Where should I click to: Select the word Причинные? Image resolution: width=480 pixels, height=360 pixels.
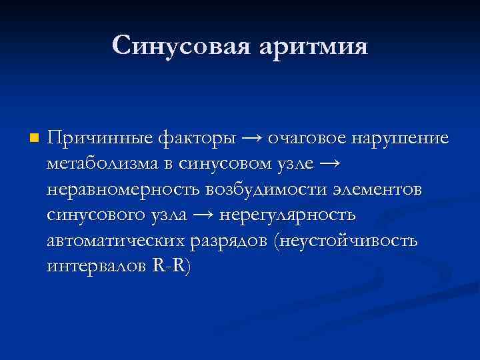click(99, 139)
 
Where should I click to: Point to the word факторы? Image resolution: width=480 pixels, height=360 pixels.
click(197, 139)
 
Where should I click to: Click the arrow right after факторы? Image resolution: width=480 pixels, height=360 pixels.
click(251, 139)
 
